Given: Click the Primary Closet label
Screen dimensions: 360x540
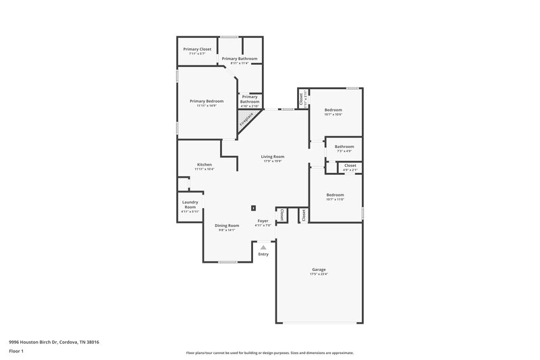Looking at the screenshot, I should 197,49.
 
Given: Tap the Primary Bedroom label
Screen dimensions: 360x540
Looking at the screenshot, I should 206,101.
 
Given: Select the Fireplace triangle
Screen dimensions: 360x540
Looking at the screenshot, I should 246,120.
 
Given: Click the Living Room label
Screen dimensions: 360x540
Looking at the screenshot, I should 273,157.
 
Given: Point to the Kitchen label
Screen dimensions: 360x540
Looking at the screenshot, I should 205,165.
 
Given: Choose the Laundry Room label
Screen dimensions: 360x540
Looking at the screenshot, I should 190,204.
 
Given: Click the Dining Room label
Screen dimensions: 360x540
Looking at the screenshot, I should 227,225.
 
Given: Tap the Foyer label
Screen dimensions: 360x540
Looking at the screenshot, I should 263,220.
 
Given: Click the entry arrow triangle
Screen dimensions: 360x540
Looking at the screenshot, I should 263,247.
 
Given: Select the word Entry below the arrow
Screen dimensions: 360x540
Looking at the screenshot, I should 263,254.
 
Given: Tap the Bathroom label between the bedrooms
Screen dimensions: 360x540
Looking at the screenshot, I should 344,147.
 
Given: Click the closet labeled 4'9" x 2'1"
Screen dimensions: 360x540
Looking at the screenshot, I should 350,170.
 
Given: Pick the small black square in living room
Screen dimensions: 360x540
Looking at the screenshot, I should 253,208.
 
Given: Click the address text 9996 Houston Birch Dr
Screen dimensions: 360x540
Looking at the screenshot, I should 54,342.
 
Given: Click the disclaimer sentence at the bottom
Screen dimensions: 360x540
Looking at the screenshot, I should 270,353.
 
